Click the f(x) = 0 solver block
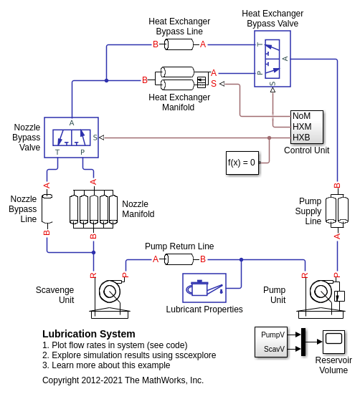[242, 163]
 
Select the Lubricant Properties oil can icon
[204, 288]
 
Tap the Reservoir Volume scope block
[333, 342]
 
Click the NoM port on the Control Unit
[302, 116]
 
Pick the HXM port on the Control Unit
[302, 127]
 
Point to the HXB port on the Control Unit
[301, 138]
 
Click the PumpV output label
[273, 335]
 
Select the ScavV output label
[274, 349]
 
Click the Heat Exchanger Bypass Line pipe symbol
[179, 44]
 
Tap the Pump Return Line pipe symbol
[179, 259]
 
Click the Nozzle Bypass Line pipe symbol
[47, 208]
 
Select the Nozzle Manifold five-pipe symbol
[93, 209]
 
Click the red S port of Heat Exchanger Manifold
[214, 83]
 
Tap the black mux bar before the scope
[303, 342]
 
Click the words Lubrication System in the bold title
[89, 334]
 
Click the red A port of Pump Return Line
[156, 259]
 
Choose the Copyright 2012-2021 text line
[123, 380]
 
